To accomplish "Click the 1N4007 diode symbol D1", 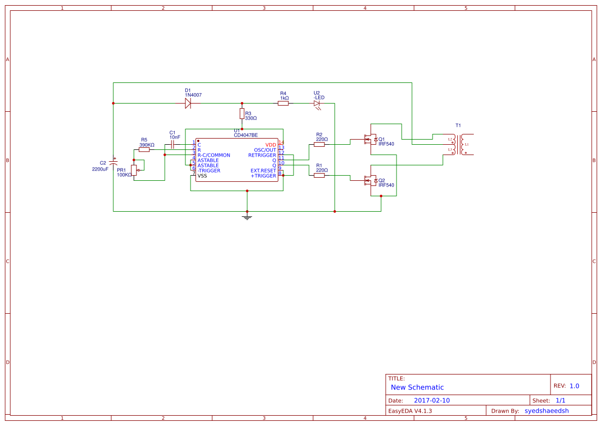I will click(x=188, y=104).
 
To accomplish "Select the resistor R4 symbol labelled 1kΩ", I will click(x=283, y=104).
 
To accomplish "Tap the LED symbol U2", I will click(x=317, y=104).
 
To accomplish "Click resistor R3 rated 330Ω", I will click(x=242, y=113).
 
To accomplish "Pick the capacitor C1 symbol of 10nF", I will click(x=173, y=145).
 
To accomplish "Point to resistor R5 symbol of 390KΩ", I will click(x=144, y=150).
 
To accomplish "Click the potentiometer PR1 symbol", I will click(x=134, y=170).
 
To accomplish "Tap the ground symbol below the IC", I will click(x=247, y=217).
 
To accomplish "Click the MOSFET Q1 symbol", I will click(x=370, y=140).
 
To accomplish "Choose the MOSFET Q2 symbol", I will click(x=370, y=181).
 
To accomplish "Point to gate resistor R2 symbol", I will click(x=319, y=145).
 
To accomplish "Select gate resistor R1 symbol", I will click(x=319, y=176).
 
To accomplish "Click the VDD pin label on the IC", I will click(x=271, y=145).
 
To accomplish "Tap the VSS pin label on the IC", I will click(x=202, y=176).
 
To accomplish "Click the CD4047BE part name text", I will click(x=246, y=135).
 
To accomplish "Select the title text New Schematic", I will click(x=417, y=387).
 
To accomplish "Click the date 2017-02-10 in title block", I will click(x=432, y=400).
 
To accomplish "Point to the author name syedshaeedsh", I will click(x=546, y=411).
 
